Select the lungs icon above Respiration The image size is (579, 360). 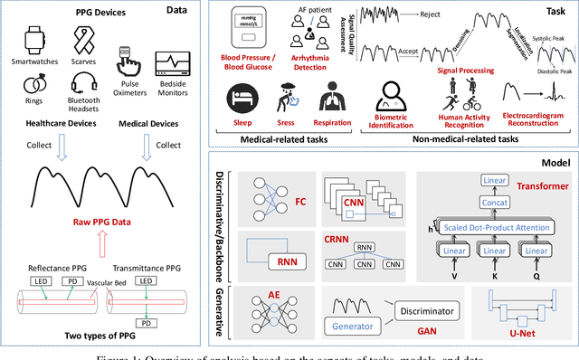click(x=331, y=97)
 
